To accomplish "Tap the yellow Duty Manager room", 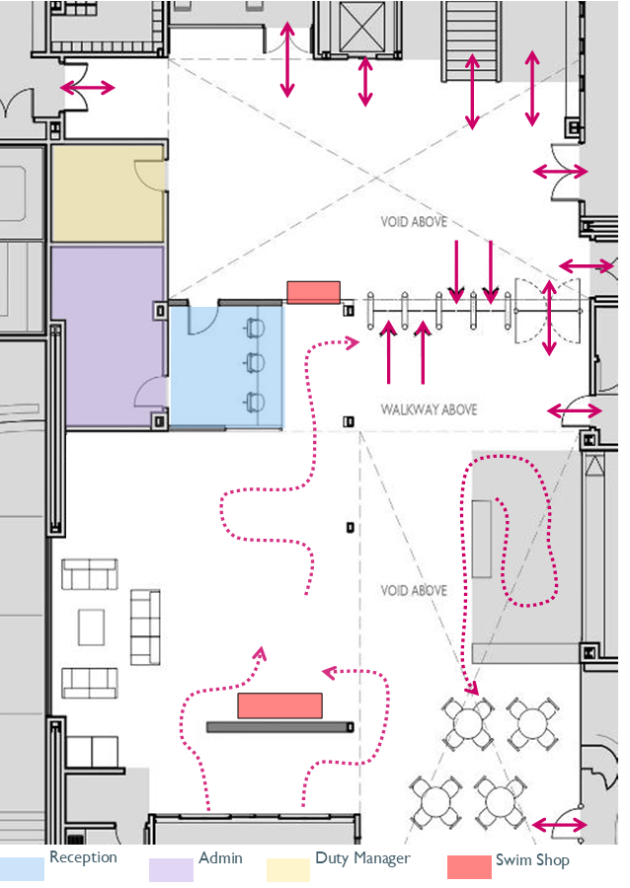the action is click(109, 193).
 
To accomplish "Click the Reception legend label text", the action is click(83, 857).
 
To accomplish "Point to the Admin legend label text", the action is click(220, 858).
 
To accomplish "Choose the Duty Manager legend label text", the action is click(362, 858).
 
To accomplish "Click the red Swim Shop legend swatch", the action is click(469, 866).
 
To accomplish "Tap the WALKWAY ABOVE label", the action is click(429, 409).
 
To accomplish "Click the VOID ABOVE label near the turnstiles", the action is click(414, 221).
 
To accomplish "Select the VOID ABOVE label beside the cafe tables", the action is click(414, 591).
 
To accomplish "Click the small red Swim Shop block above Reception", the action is click(313, 292).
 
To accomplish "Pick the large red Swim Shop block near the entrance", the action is click(279, 705).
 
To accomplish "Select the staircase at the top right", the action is click(472, 39).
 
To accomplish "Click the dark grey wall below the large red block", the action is click(280, 727).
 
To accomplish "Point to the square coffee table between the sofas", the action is click(91, 627).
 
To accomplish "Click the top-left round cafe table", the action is click(468, 723).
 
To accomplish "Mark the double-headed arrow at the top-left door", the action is click(88, 88).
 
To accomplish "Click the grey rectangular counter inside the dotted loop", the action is click(482, 539).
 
